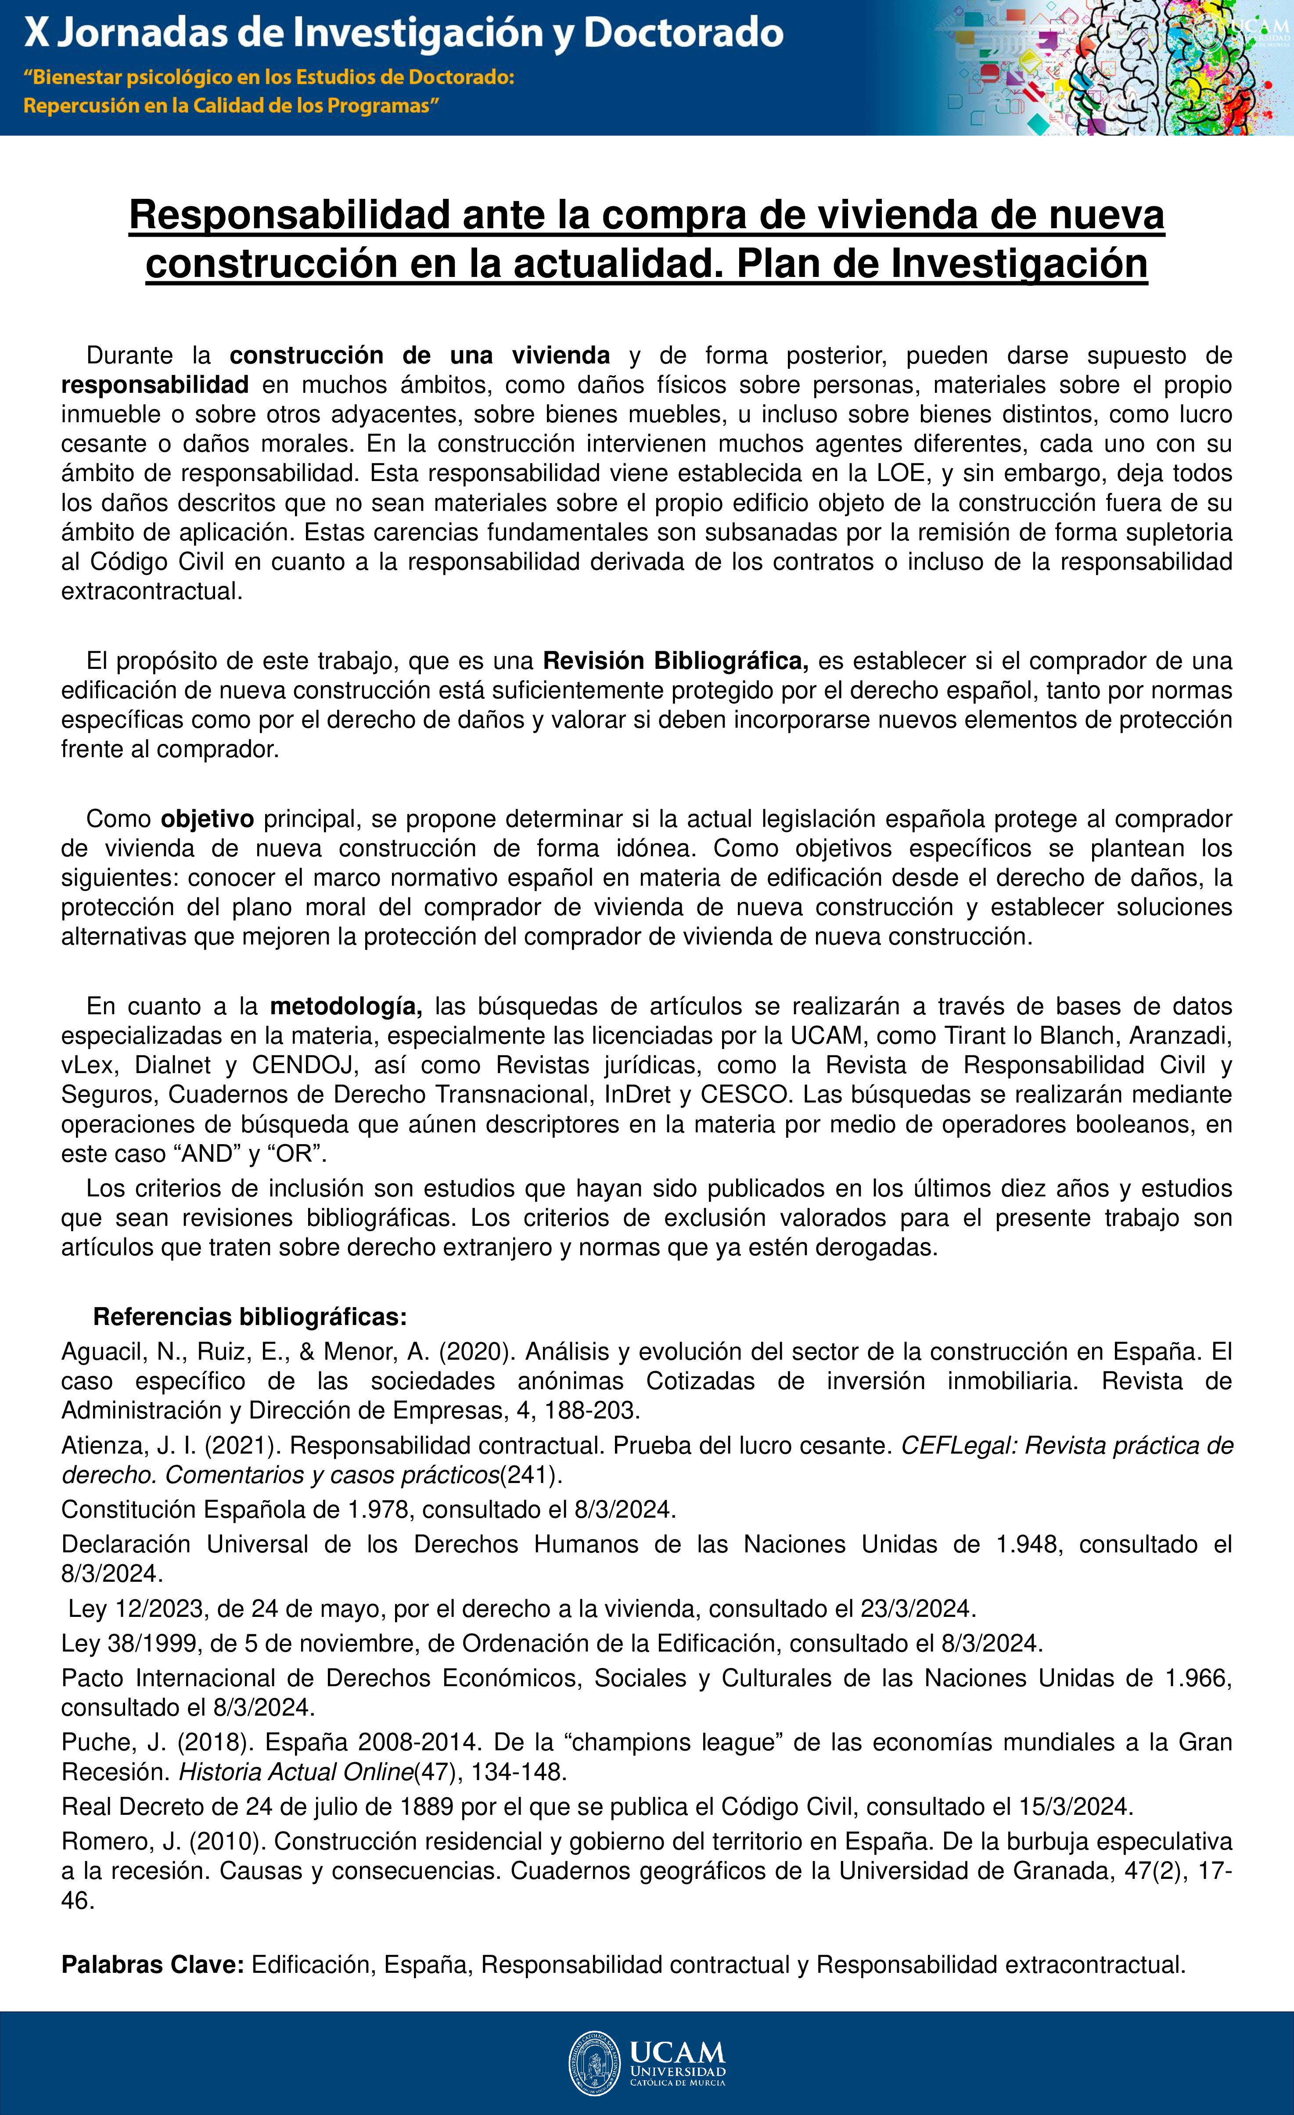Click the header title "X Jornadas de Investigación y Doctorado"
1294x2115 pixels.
(403, 33)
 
